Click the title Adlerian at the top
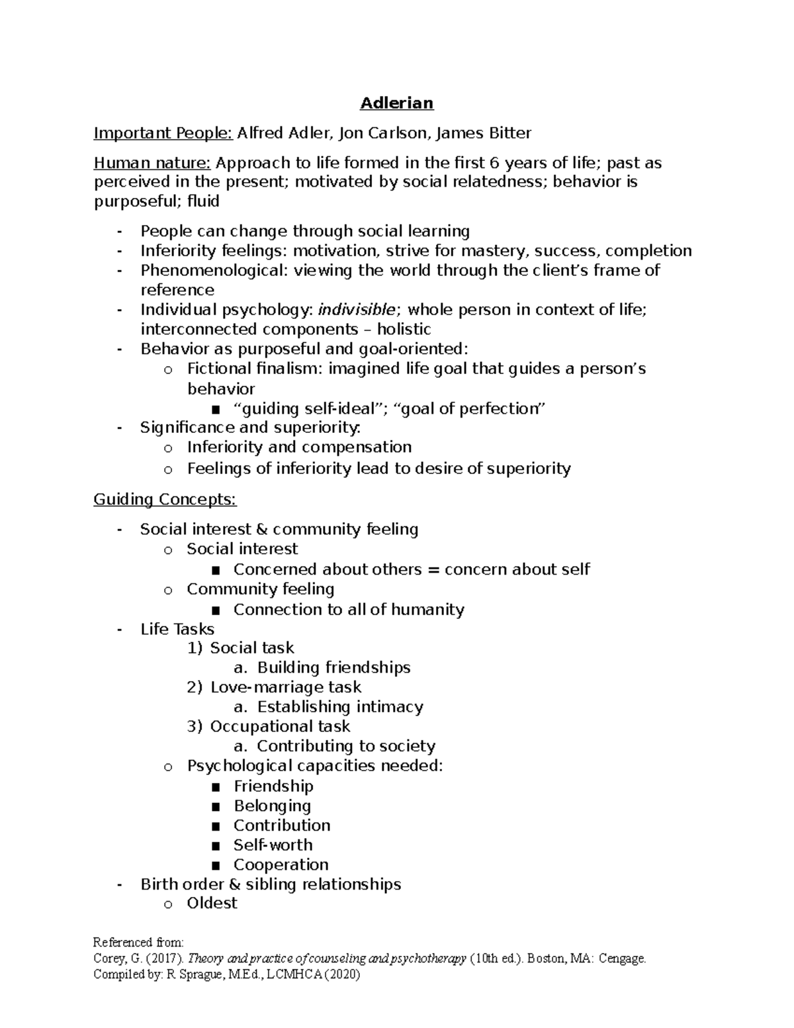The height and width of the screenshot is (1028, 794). [396, 103]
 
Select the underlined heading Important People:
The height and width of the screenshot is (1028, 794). [163, 134]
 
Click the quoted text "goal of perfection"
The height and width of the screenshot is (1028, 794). [469, 408]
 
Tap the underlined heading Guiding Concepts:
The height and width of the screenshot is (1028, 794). [165, 499]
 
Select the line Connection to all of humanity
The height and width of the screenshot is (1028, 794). [349, 610]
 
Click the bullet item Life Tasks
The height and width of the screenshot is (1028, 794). [177, 629]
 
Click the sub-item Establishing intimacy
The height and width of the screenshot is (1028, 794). [340, 707]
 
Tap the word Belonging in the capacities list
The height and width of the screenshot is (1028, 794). [272, 806]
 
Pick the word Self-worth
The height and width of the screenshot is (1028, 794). [273, 845]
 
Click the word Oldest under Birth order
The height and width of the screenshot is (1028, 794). [212, 904]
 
